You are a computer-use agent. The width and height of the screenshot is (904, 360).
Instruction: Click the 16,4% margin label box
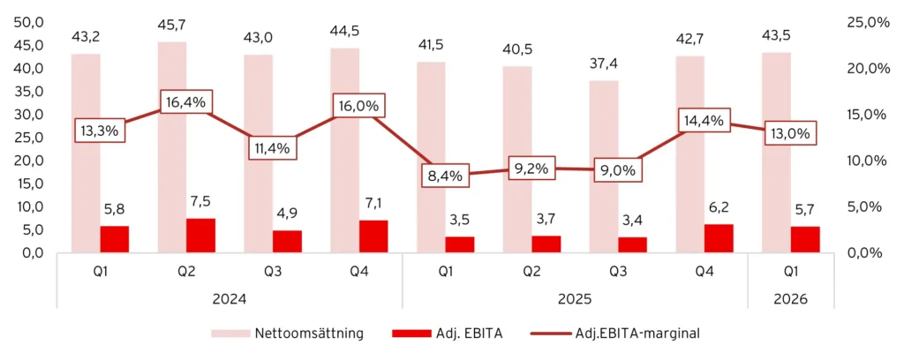pyautogui.click(x=185, y=101)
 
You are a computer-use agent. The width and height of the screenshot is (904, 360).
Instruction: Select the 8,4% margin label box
pyautogui.click(x=445, y=176)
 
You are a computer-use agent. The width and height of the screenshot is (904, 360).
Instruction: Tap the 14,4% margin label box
pyautogui.click(x=704, y=120)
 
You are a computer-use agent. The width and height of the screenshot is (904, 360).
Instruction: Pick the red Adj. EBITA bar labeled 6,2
pyautogui.click(x=719, y=238)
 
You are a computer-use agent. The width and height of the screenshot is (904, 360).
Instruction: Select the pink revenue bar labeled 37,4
pyautogui.click(x=604, y=166)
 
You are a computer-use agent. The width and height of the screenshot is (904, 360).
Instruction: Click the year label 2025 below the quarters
pyautogui.click(x=575, y=299)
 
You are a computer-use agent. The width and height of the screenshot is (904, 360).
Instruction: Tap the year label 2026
pyautogui.click(x=791, y=299)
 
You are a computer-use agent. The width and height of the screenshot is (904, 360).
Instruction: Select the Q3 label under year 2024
pyautogui.click(x=272, y=273)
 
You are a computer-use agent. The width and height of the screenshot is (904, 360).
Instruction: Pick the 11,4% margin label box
pyautogui.click(x=272, y=146)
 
